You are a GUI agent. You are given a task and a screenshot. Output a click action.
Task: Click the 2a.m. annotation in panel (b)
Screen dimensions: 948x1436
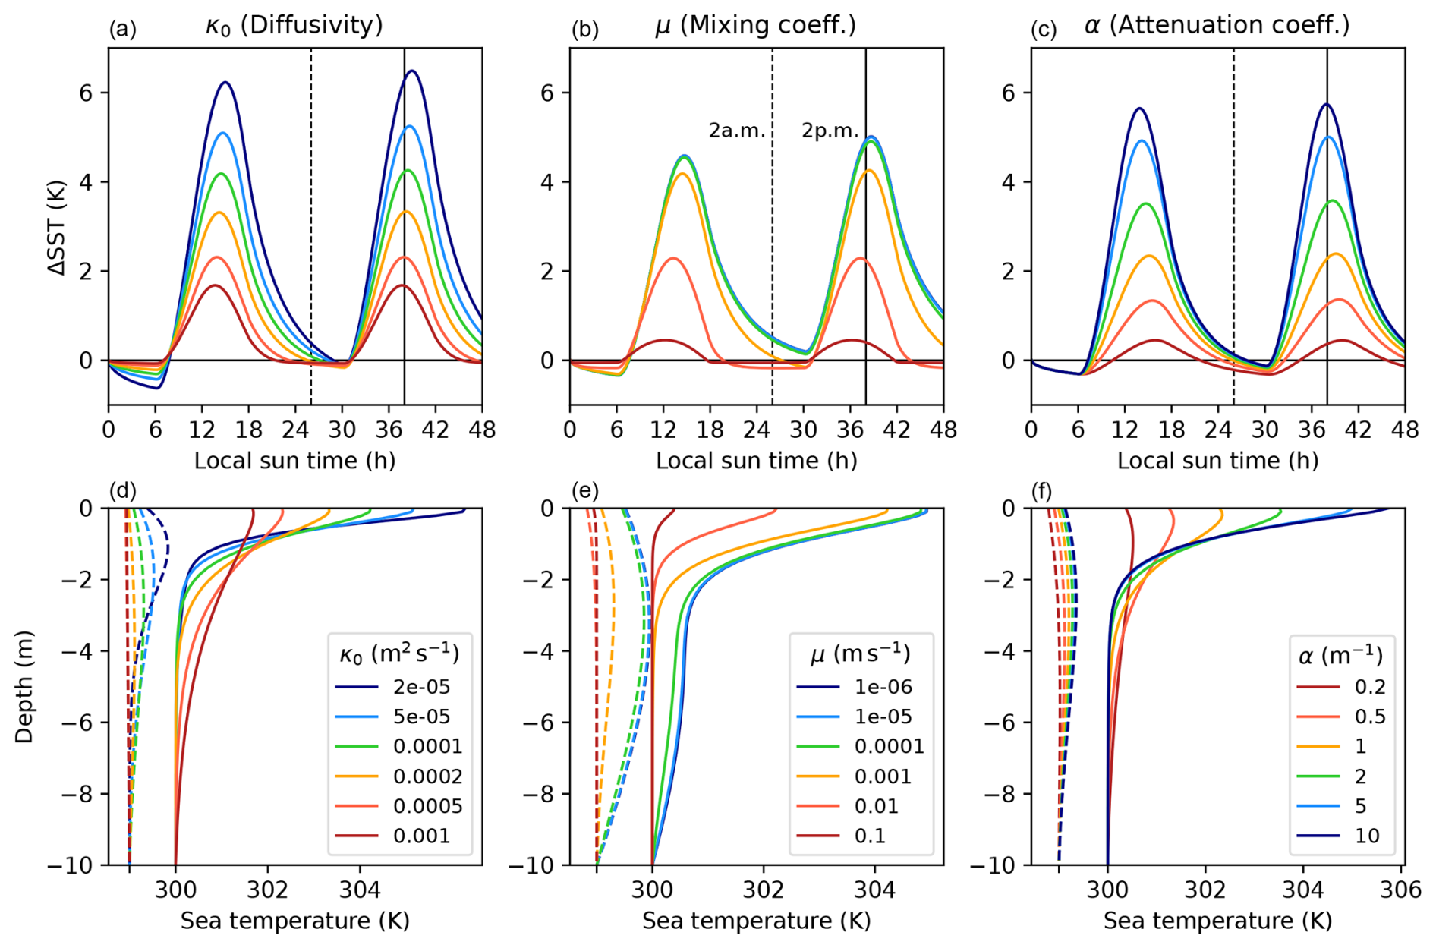tap(737, 131)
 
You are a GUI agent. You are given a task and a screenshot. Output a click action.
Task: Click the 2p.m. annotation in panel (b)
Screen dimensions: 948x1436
tap(830, 131)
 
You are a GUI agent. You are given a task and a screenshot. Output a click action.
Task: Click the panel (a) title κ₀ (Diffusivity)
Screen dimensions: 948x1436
tap(294, 26)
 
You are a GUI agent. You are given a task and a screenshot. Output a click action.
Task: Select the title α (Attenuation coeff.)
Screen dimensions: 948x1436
tap(1217, 26)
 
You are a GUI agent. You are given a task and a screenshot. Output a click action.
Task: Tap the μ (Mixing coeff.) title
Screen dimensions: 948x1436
tap(755, 26)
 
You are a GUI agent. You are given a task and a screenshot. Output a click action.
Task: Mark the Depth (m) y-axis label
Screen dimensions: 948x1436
tap(25, 686)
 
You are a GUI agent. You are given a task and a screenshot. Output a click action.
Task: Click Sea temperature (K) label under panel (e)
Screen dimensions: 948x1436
tap(756, 921)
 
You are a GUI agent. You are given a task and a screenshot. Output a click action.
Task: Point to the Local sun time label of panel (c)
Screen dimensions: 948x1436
tap(1217, 461)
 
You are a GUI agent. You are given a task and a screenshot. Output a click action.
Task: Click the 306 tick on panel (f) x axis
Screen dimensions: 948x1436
tap(1400, 889)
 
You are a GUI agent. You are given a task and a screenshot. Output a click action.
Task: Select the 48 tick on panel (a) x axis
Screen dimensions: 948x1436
tap(482, 430)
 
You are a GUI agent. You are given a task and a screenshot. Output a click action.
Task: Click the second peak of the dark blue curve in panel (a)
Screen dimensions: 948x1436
tap(412, 71)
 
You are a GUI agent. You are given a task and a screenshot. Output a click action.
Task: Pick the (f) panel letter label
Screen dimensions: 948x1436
tap(1041, 492)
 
